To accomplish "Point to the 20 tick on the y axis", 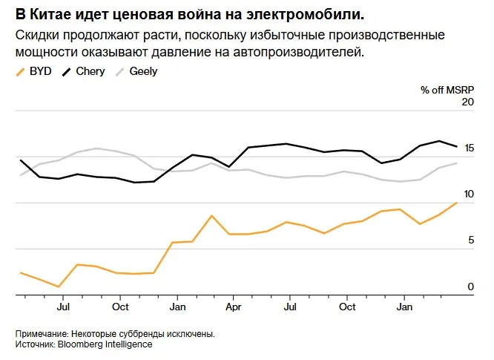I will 467,102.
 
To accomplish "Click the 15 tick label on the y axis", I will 467,147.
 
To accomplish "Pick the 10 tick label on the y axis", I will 467,193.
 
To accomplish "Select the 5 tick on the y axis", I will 470,240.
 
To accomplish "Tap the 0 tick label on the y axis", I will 470,286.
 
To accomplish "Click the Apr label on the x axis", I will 234,307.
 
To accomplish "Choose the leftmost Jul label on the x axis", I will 63,307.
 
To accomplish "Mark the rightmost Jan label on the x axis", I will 405,307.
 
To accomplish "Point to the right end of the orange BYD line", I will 457,202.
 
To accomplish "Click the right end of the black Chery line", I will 457,146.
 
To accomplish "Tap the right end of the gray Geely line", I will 457,163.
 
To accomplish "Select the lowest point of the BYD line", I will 59,287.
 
